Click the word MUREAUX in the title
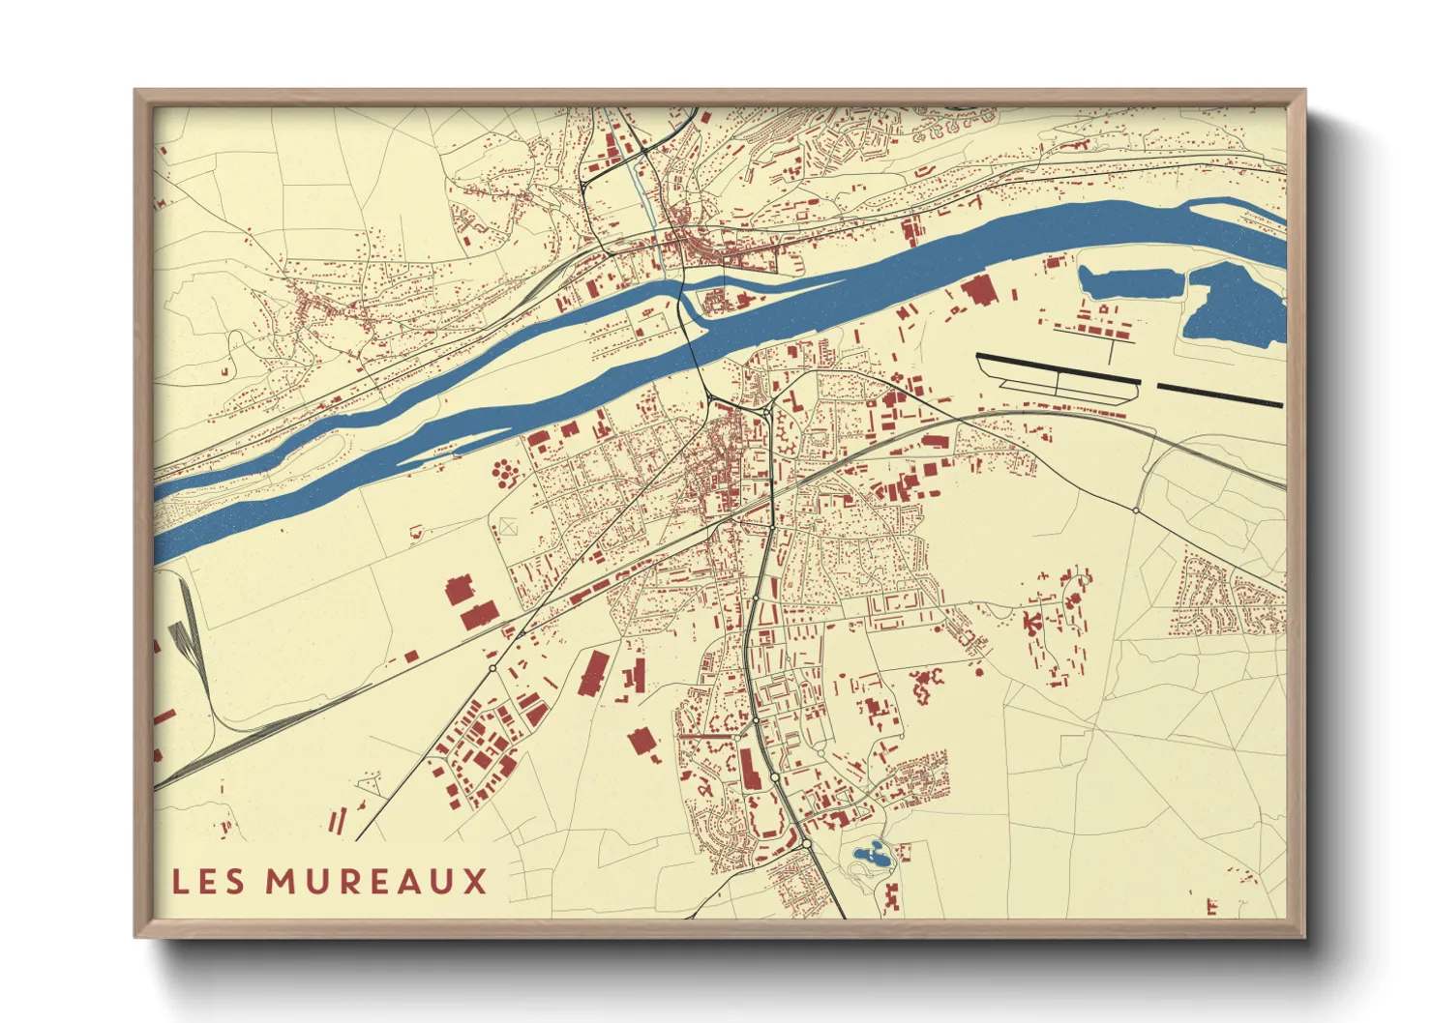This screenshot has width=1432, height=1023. click(376, 882)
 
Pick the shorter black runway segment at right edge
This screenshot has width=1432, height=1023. click(1220, 395)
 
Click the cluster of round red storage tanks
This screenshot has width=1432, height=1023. click(505, 474)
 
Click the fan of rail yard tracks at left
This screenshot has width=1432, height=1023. click(184, 638)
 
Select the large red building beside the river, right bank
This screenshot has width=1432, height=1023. click(977, 289)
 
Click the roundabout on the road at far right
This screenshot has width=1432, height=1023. click(1135, 510)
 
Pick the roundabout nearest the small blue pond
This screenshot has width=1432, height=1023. click(806, 844)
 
